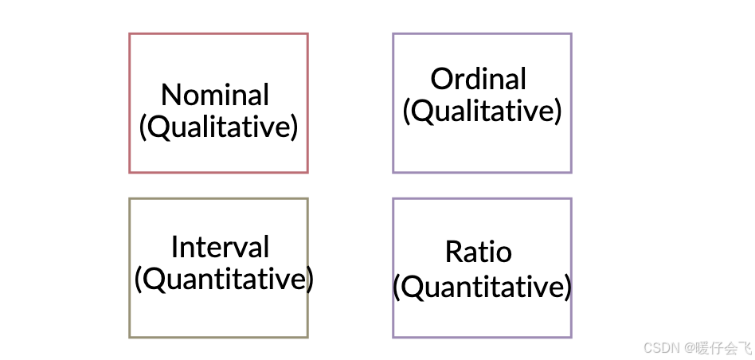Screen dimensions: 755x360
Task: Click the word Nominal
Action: (x=215, y=95)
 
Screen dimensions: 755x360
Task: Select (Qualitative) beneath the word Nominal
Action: (x=218, y=127)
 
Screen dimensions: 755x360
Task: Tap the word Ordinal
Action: (x=479, y=79)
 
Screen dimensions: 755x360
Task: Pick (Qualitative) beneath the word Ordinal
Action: (x=482, y=111)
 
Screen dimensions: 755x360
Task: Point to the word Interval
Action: (x=220, y=247)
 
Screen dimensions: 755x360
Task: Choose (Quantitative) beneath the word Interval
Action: (x=223, y=280)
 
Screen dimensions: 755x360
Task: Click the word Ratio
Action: (x=478, y=252)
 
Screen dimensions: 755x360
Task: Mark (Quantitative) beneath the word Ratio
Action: (x=482, y=287)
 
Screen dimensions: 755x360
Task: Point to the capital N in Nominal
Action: (x=170, y=96)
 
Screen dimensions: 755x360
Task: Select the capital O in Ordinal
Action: (x=440, y=80)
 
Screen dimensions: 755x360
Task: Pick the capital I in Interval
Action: (x=174, y=247)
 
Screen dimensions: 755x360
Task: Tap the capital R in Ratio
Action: (x=452, y=252)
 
